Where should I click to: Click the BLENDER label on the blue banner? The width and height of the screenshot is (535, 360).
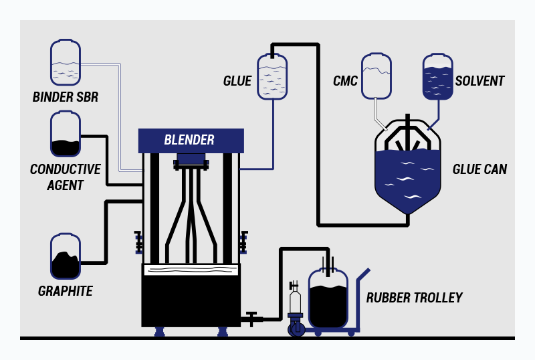[190, 141]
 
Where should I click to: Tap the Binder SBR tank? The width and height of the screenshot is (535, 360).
[66, 63]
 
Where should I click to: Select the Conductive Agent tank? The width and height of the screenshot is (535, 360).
[66, 134]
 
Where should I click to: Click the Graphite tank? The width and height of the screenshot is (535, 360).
[66, 256]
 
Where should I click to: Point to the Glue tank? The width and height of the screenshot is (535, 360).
[272, 77]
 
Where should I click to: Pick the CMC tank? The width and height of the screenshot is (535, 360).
[377, 76]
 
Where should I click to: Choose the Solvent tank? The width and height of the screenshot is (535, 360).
[437, 77]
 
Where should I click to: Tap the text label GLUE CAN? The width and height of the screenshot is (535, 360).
[479, 170]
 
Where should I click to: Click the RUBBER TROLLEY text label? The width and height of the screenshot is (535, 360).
[414, 298]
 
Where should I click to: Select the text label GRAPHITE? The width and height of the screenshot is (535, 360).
[66, 291]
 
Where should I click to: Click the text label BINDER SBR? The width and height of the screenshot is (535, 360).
[66, 98]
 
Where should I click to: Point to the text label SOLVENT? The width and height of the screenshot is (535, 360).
[479, 82]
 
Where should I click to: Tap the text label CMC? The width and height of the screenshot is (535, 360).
[345, 82]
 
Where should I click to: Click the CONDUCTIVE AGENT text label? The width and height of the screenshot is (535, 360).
[66, 177]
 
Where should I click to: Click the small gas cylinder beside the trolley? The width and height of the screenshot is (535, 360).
[295, 301]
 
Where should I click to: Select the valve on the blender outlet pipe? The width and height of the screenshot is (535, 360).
[251, 318]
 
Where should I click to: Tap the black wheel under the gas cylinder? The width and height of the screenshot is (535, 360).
[296, 329]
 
